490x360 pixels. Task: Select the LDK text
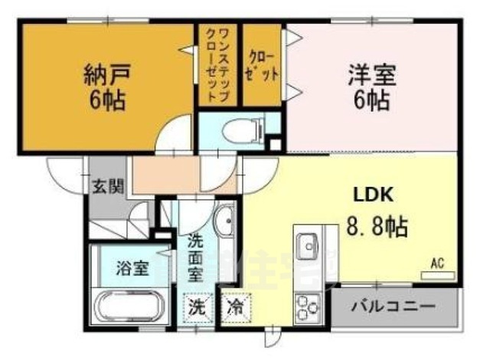pyautogui.click(x=372, y=195)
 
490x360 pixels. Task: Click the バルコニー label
pyautogui.click(x=394, y=306)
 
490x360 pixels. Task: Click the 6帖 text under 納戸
pyautogui.click(x=104, y=100)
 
